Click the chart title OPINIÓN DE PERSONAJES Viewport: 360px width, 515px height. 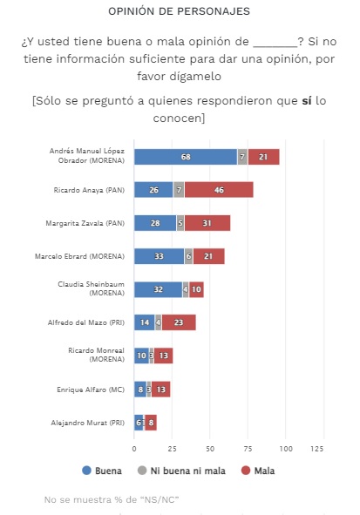click(179, 11)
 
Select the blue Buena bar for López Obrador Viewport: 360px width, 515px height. click(186, 157)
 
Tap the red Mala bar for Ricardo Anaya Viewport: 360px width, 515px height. click(219, 190)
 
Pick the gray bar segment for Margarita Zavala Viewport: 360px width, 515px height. click(180, 223)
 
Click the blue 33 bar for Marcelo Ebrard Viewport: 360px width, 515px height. click(159, 256)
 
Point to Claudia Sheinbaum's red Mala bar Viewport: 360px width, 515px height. click(196, 289)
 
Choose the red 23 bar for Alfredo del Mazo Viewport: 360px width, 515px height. click(179, 322)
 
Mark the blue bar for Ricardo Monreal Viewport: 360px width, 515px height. click(141, 356)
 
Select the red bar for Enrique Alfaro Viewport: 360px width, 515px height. click(160, 390)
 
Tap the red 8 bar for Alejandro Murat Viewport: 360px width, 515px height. click(151, 423)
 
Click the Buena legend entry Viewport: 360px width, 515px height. click(102, 471)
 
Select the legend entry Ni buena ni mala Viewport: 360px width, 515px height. click(181, 471)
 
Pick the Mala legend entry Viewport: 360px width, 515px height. click(258, 471)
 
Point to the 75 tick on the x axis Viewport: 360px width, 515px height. click(248, 449)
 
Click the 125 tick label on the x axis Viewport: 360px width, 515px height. click(317, 449)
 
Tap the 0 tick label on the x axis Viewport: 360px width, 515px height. click(134, 449)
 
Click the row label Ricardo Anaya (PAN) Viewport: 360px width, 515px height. click(89, 190)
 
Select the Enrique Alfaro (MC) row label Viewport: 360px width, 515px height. click(91, 390)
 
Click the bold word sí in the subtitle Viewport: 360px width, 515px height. click(307, 100)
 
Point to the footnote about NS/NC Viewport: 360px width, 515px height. click(112, 499)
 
